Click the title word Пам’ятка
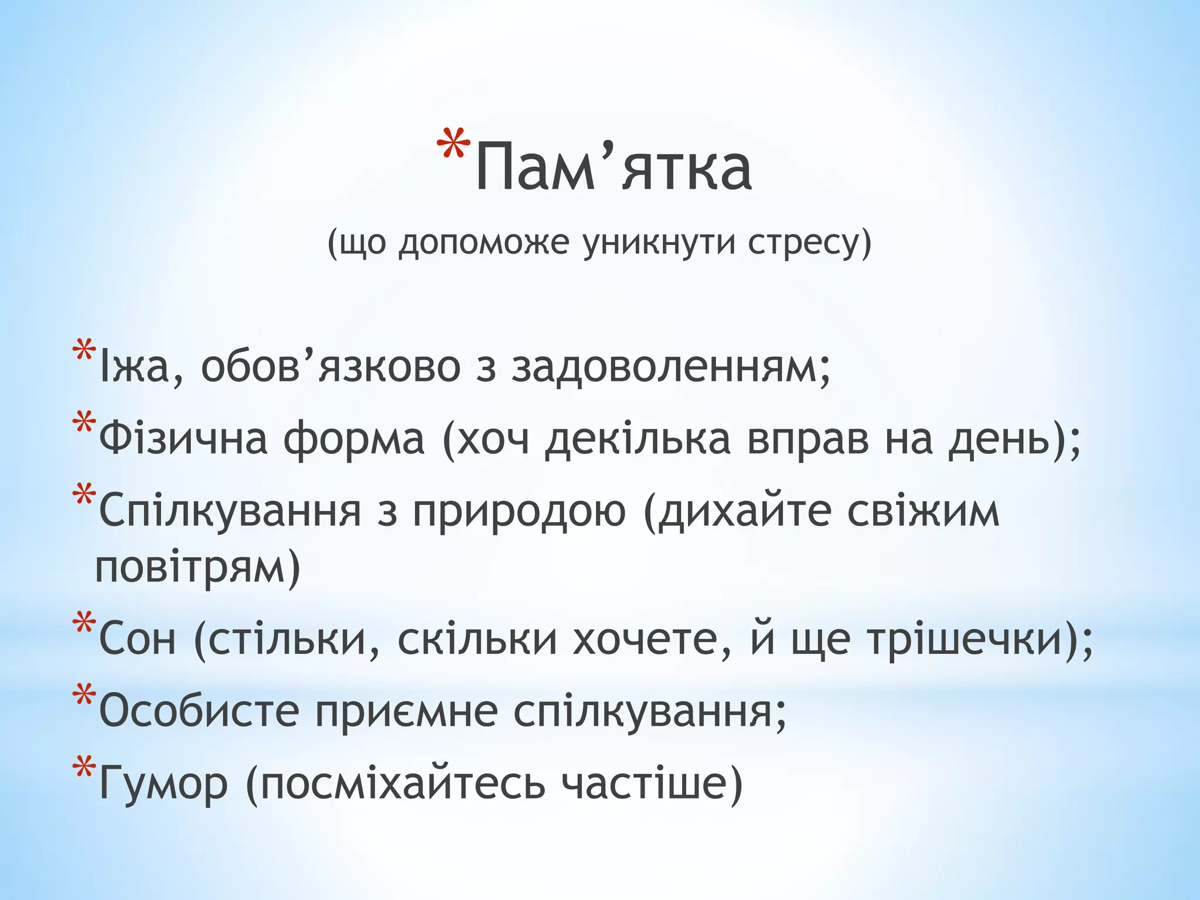(x=613, y=169)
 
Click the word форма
(x=354, y=439)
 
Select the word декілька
(x=637, y=439)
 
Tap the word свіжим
(x=923, y=511)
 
